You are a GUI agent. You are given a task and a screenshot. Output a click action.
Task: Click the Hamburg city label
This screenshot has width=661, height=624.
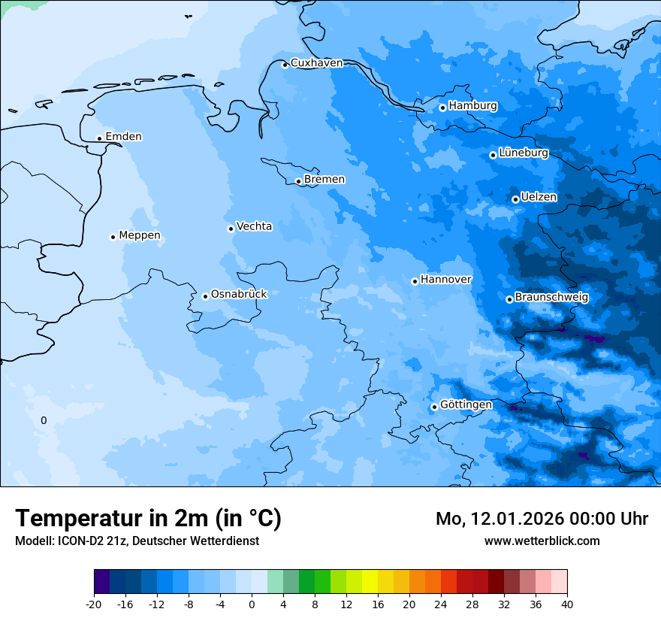tap(472, 106)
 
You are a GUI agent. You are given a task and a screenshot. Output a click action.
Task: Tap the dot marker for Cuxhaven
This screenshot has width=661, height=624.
tap(285, 65)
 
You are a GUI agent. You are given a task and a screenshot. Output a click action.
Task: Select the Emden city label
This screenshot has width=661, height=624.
tap(123, 137)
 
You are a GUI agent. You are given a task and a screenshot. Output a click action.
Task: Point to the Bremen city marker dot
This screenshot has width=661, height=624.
tap(298, 181)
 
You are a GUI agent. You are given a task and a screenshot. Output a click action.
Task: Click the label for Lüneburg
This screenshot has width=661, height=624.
tap(523, 153)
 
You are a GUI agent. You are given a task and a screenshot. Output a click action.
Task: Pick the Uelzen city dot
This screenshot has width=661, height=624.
tap(515, 199)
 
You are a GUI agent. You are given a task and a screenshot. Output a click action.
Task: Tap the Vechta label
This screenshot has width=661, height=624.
tap(254, 226)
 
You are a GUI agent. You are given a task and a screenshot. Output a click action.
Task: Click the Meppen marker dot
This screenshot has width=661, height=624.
tap(113, 237)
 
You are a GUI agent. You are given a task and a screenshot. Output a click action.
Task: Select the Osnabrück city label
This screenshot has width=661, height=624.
tap(239, 294)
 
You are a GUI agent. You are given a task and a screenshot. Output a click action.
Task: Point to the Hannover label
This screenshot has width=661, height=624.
tap(445, 280)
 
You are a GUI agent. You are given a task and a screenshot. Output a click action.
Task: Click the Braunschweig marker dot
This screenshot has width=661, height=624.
tap(509, 299)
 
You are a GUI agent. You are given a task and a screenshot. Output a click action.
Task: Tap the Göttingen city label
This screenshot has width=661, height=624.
tap(466, 405)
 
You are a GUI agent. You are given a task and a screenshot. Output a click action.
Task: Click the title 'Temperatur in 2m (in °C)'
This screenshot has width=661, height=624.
tap(148, 519)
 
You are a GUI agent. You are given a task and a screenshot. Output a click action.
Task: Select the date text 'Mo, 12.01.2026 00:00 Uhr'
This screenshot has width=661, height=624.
tap(542, 519)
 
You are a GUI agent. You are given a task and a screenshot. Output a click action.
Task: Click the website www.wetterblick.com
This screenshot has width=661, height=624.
tap(542, 541)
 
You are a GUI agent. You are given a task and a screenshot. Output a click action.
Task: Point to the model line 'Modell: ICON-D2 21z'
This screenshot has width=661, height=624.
tap(137, 541)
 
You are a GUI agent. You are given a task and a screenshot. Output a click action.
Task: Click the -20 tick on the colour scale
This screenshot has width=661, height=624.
tap(94, 604)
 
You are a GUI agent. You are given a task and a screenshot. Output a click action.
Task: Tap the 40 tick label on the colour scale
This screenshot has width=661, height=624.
tap(566, 604)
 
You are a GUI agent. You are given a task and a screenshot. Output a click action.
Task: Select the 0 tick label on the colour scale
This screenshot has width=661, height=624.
tap(252, 604)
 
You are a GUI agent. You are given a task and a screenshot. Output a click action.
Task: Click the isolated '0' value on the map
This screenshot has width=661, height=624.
tap(44, 420)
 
